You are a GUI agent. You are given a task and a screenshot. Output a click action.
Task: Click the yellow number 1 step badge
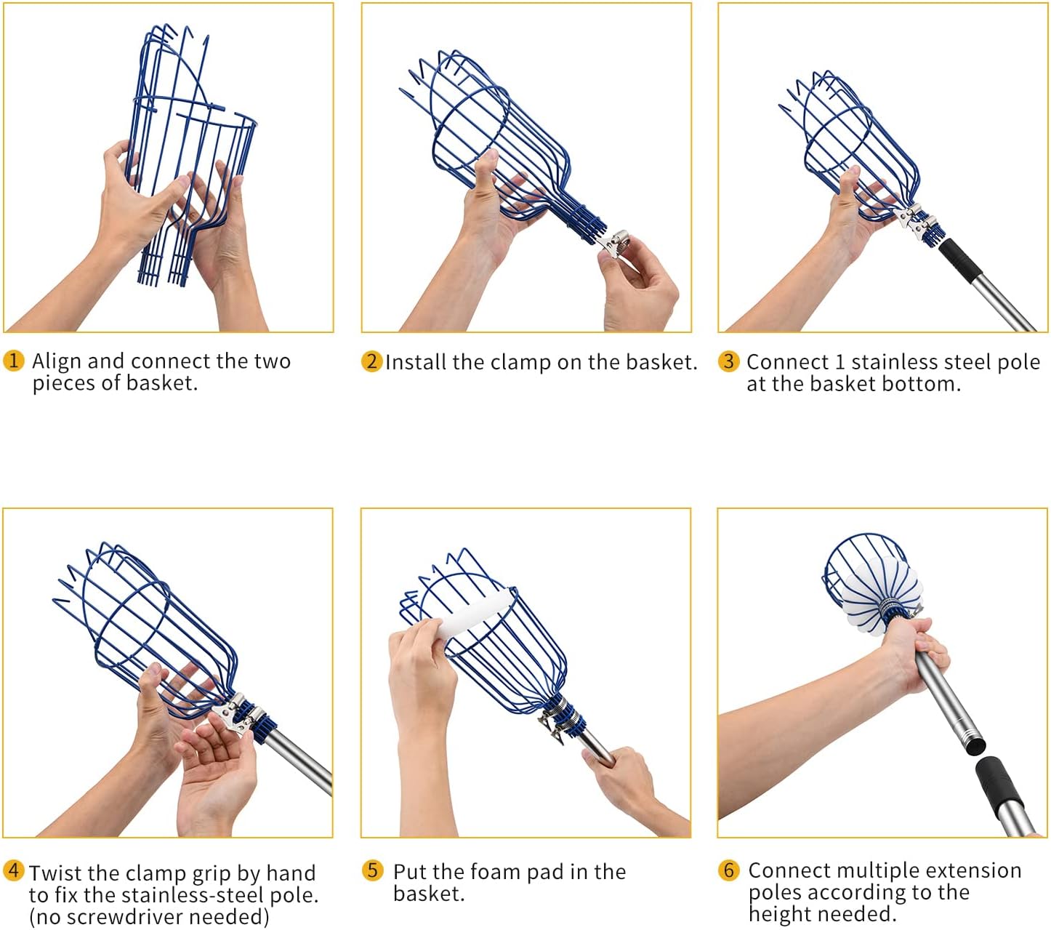[14, 360]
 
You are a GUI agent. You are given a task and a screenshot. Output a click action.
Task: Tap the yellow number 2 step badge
[371, 361]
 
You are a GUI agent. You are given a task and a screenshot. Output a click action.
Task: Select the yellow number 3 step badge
[728, 361]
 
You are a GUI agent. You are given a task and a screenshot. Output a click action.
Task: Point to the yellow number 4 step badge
[14, 870]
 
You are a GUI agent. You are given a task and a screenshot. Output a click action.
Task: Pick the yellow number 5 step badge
[372, 870]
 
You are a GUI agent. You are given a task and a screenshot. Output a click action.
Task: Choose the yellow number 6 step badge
[728, 870]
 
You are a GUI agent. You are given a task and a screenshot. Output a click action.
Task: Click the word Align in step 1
[57, 361]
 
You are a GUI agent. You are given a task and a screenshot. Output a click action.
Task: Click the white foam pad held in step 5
[476, 615]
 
